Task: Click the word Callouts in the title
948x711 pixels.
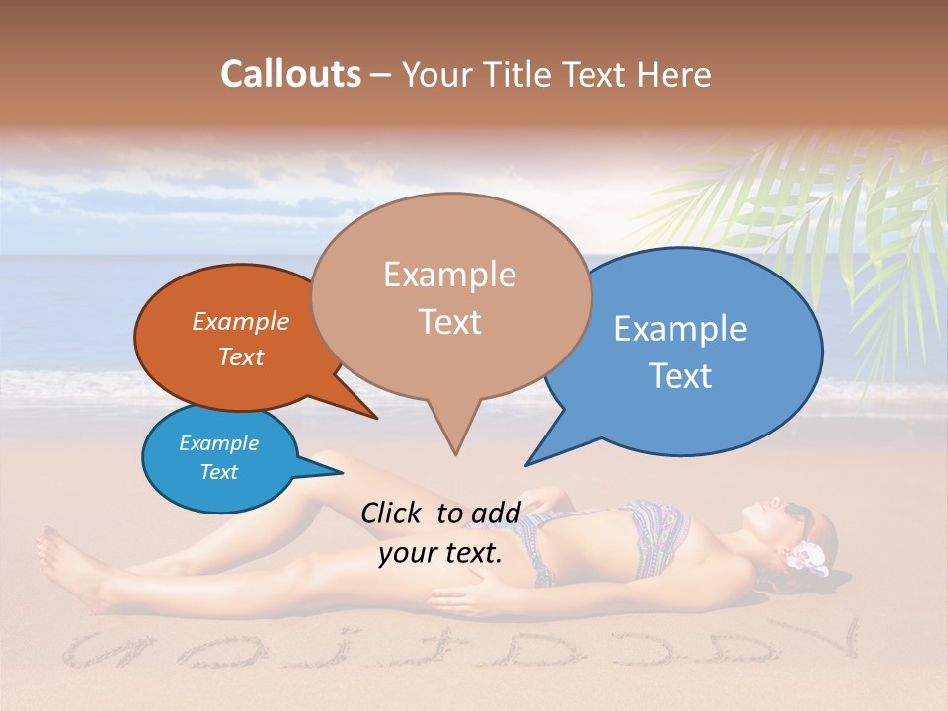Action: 290,74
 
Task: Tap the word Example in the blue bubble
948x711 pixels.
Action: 680,329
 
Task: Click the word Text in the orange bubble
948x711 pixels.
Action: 241,357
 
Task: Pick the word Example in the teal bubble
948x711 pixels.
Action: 219,443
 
